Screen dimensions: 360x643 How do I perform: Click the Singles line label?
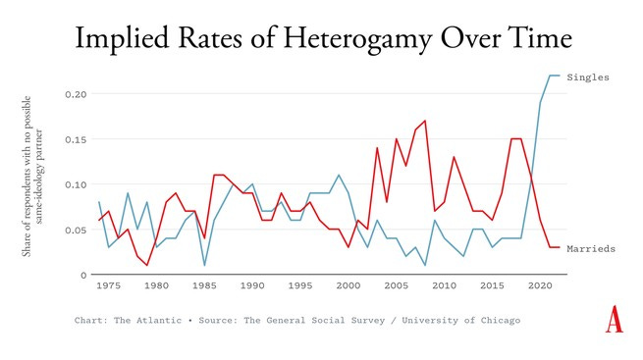589,77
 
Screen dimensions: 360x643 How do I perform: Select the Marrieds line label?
592,249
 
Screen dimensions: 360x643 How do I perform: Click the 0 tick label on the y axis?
83,275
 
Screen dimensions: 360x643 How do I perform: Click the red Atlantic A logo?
615,320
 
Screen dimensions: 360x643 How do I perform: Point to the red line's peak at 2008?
424,121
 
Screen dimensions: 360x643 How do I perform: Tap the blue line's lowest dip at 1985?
204,265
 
